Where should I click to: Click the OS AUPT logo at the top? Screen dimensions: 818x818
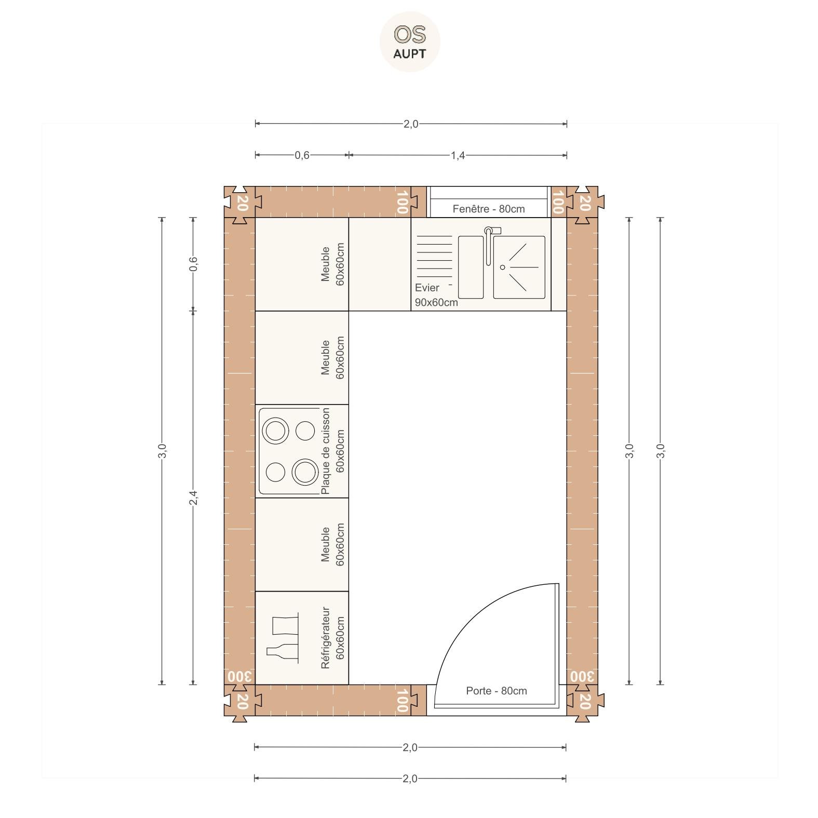click(x=410, y=42)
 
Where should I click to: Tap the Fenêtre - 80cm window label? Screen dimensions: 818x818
click(x=488, y=209)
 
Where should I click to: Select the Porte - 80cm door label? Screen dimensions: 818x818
click(x=496, y=691)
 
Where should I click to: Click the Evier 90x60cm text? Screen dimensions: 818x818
click(x=436, y=295)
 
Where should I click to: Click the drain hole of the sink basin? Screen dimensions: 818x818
click(x=502, y=267)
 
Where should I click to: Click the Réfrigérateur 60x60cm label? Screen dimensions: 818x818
click(x=332, y=638)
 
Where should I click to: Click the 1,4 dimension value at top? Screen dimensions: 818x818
click(x=457, y=155)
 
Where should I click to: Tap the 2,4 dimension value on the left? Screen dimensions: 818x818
click(x=193, y=498)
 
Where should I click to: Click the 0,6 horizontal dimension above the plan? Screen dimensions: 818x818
click(x=302, y=155)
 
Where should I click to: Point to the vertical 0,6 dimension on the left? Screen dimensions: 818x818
click(x=193, y=264)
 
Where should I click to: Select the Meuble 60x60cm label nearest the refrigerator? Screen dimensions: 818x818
click(x=332, y=544)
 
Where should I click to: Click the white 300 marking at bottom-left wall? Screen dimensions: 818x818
click(x=239, y=677)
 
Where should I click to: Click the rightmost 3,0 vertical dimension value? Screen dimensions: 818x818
click(x=661, y=451)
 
